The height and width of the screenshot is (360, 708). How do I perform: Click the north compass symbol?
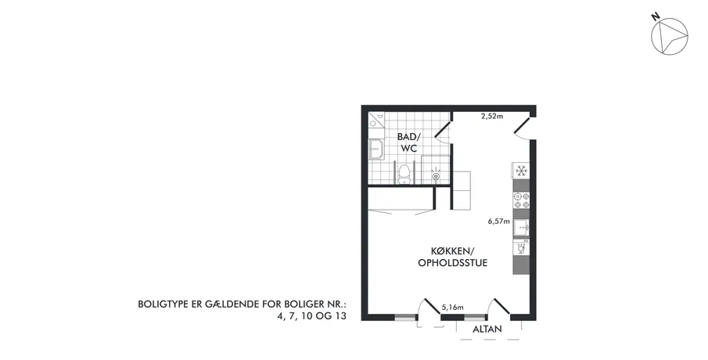[669, 36]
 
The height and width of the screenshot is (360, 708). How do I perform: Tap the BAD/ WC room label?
[408, 142]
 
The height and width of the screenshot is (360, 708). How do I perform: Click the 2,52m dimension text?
[492, 116]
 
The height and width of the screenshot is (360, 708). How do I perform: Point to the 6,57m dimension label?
[498, 221]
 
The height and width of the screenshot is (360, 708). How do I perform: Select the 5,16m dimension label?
[452, 308]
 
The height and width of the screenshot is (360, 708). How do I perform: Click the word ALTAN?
[487, 329]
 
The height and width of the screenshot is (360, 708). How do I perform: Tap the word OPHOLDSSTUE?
[452, 263]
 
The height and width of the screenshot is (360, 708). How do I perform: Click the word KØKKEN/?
[452, 251]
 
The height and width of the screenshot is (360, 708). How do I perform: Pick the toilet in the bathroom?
[404, 174]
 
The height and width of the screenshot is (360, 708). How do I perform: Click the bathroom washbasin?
[376, 149]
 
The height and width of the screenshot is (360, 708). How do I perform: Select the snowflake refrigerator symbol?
[521, 171]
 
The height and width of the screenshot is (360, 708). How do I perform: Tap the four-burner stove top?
[521, 200]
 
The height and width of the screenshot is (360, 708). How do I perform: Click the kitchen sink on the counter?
[521, 227]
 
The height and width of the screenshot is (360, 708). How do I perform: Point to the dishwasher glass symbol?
[521, 249]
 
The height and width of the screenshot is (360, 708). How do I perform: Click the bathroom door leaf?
[443, 128]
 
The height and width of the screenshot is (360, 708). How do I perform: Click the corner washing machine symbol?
[376, 120]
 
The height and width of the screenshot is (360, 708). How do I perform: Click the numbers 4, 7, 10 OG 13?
[312, 315]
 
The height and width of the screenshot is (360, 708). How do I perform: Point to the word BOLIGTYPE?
[160, 304]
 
